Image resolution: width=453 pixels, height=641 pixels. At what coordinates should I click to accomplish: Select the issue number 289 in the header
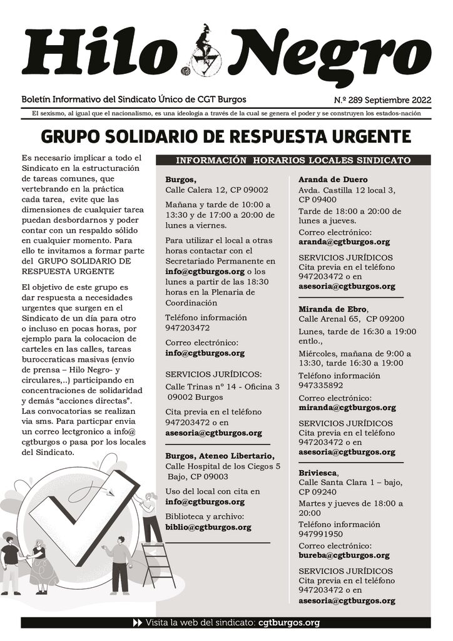pos(367,100)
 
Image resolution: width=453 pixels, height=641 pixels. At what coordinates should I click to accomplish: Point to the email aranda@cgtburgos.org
pos(344,242)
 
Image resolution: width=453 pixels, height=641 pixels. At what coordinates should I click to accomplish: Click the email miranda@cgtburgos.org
pos(347,408)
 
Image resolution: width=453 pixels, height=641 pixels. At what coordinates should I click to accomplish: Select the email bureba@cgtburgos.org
pos(344,555)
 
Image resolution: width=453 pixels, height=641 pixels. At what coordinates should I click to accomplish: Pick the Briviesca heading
pos(318,472)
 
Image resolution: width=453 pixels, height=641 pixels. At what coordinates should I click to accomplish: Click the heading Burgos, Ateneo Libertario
pos(219,455)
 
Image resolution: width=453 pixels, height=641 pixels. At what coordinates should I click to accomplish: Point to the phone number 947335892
pos(320,386)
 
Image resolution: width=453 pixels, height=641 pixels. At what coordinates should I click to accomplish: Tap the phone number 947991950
pos(320,534)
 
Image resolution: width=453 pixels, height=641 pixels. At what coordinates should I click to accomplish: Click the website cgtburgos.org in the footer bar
pos(288,623)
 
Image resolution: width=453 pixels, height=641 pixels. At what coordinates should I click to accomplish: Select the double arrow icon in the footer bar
pos(138,623)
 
